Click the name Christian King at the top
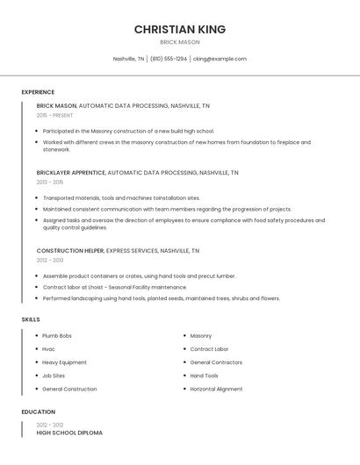point(180,29)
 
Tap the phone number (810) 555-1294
point(168,59)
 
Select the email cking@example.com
point(220,59)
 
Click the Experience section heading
point(38,92)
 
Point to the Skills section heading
point(31,319)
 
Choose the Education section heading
point(38,411)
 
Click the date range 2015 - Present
point(54,115)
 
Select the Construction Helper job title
point(70,250)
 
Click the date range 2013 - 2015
point(50,182)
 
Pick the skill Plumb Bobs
point(57,336)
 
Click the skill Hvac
point(49,349)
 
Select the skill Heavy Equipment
point(64,362)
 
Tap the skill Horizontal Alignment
point(216,389)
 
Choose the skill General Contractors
point(216,362)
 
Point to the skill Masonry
point(201,336)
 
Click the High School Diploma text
point(69,433)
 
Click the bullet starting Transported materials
point(121,197)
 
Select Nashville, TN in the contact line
point(128,59)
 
